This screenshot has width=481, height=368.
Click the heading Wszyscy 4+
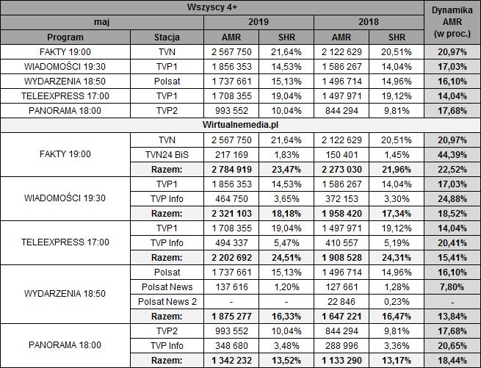[213, 7]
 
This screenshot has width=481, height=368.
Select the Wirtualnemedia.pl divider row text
[213, 125]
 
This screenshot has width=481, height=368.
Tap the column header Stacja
[167, 37]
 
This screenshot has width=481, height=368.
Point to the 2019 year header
[258, 22]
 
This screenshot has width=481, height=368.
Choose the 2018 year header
[369, 22]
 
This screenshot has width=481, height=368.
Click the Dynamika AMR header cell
[452, 23]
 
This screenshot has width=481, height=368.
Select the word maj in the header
[102, 22]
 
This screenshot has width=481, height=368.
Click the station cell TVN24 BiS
[167, 154]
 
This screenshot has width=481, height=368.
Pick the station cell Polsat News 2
[167, 301]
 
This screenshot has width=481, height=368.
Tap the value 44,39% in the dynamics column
[452, 154]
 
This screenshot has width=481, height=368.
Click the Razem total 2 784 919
[232, 169]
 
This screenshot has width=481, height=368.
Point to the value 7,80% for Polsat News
[452, 286]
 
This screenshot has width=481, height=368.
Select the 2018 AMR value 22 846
[343, 301]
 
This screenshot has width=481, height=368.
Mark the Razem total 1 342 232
[232, 360]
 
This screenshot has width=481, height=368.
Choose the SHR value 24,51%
[286, 257]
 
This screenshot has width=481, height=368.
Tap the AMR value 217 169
[232, 154]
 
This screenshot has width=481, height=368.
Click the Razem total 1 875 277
[232, 316]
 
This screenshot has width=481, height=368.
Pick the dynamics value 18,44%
[452, 360]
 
